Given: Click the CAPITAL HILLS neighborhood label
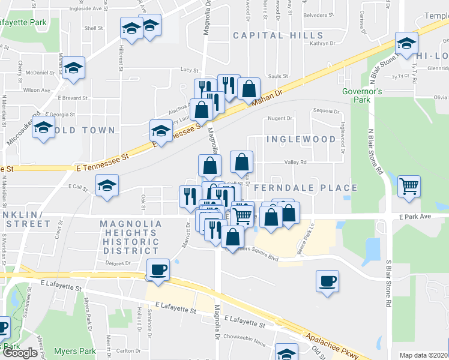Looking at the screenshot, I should (x=267, y=35).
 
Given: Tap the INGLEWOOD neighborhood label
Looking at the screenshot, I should (x=301, y=139).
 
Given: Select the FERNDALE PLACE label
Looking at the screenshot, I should (x=306, y=188).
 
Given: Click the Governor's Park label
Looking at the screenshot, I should (x=362, y=95).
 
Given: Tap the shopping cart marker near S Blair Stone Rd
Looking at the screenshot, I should (x=409, y=186).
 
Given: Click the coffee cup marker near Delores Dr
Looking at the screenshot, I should (x=158, y=269).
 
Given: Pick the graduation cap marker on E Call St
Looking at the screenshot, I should (x=107, y=185).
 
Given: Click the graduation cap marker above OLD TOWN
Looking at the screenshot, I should (x=43, y=128).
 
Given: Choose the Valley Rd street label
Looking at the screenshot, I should (x=295, y=162).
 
